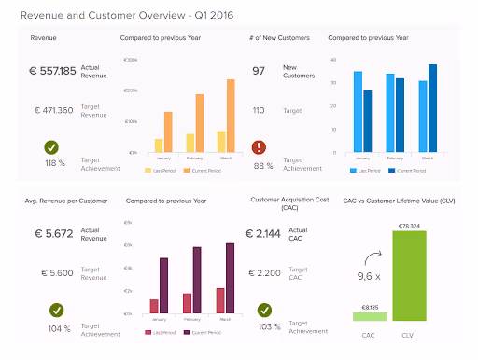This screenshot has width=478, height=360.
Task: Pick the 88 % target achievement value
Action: (262, 167)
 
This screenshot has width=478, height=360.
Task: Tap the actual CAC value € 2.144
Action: (266, 234)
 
